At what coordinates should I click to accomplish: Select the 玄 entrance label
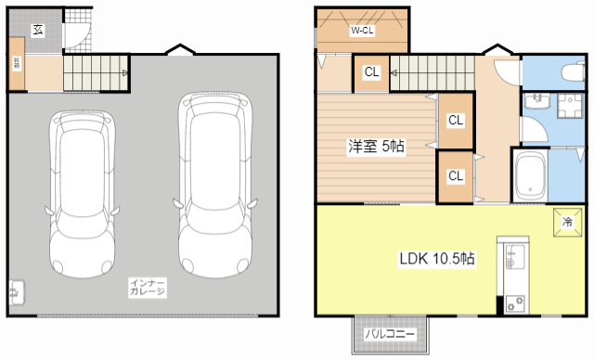(x=38, y=30)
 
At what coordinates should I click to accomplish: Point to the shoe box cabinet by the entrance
(x=17, y=64)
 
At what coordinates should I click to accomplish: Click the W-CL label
(x=362, y=31)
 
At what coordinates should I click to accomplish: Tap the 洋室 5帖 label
(x=376, y=146)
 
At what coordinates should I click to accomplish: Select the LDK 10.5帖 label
(x=437, y=259)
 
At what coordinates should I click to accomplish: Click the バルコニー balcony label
(x=390, y=333)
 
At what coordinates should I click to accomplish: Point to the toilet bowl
(x=569, y=71)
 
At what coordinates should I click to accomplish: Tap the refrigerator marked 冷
(x=568, y=221)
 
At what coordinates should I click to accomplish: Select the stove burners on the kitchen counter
(x=512, y=302)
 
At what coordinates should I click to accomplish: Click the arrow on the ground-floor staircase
(x=123, y=72)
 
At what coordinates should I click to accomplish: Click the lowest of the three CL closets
(x=455, y=176)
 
